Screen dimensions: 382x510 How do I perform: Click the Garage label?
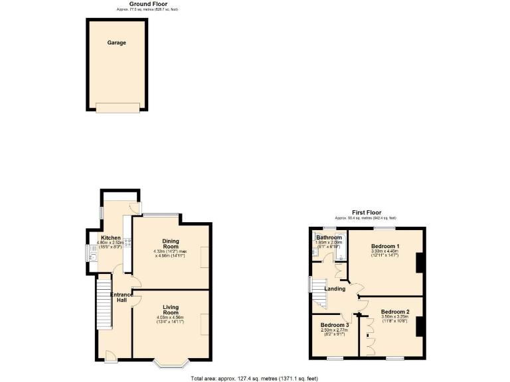click(x=117, y=42)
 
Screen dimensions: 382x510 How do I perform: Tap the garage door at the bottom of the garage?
click(x=118, y=106)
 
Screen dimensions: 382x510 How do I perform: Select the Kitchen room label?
click(x=110, y=237)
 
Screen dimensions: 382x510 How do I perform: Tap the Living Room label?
click(x=171, y=310)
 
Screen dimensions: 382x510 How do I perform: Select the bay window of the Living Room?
click(x=171, y=363)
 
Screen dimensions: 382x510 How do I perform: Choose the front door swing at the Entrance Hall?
click(x=110, y=357)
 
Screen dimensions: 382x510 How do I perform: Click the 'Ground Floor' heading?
click(x=147, y=4)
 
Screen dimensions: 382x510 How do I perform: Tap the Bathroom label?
click(x=329, y=237)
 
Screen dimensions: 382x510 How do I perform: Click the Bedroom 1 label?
click(x=385, y=245)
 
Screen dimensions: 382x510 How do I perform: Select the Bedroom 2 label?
click(x=394, y=312)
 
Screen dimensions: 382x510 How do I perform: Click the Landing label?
click(x=335, y=288)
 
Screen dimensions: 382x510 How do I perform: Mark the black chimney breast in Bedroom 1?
click(x=420, y=264)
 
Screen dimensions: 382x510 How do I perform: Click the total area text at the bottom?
click(x=254, y=377)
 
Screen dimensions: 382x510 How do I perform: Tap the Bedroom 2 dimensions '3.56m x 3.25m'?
click(x=394, y=317)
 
